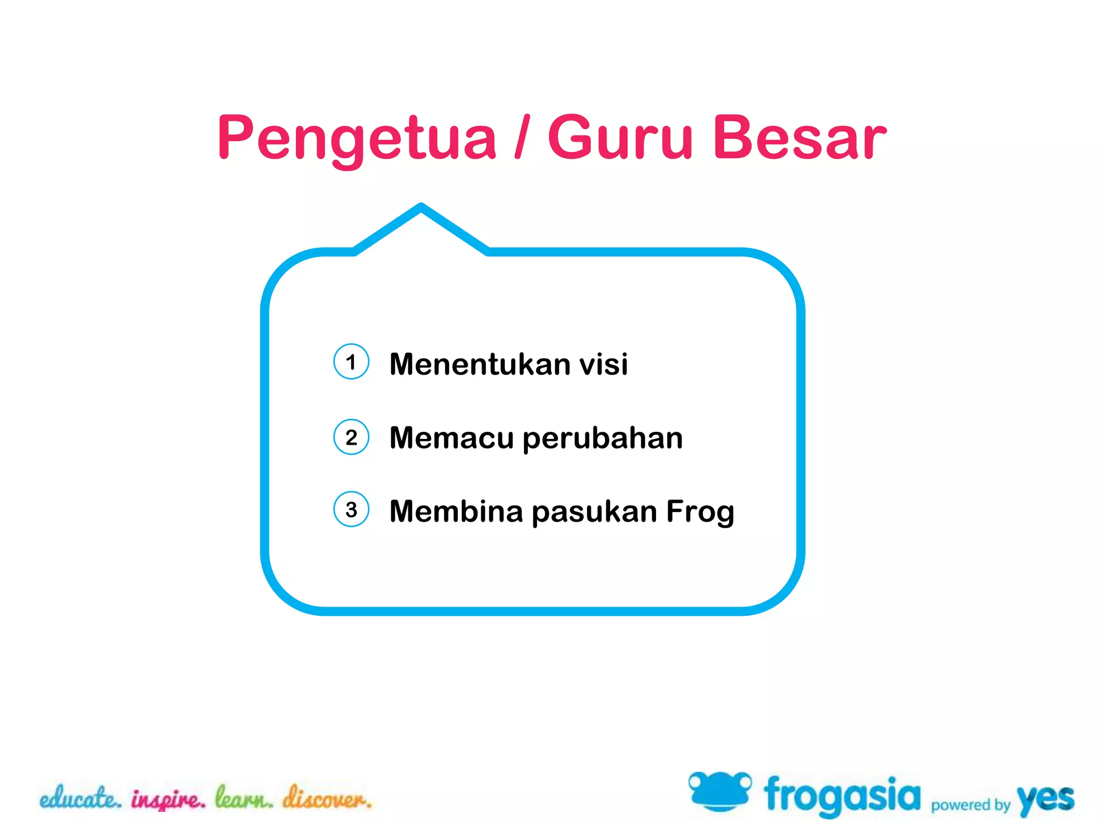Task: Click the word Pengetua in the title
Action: click(x=356, y=139)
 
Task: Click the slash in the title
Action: click(x=522, y=137)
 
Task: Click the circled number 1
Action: click(x=351, y=362)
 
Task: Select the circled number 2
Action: click(x=351, y=437)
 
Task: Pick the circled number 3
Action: click(x=351, y=509)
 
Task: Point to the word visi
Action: click(x=603, y=365)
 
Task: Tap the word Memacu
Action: click(x=451, y=438)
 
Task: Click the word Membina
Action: click(x=456, y=511)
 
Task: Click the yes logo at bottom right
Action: click(x=1045, y=799)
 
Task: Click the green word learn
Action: click(x=244, y=798)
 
